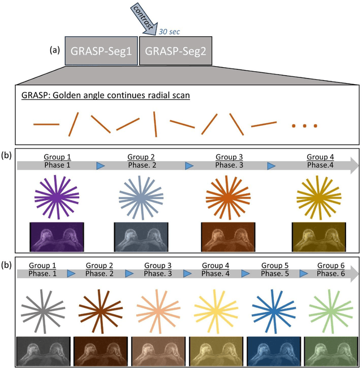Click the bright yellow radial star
point(216,311)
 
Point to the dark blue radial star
point(273,311)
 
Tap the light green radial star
point(330,311)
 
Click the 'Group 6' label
point(331,266)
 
